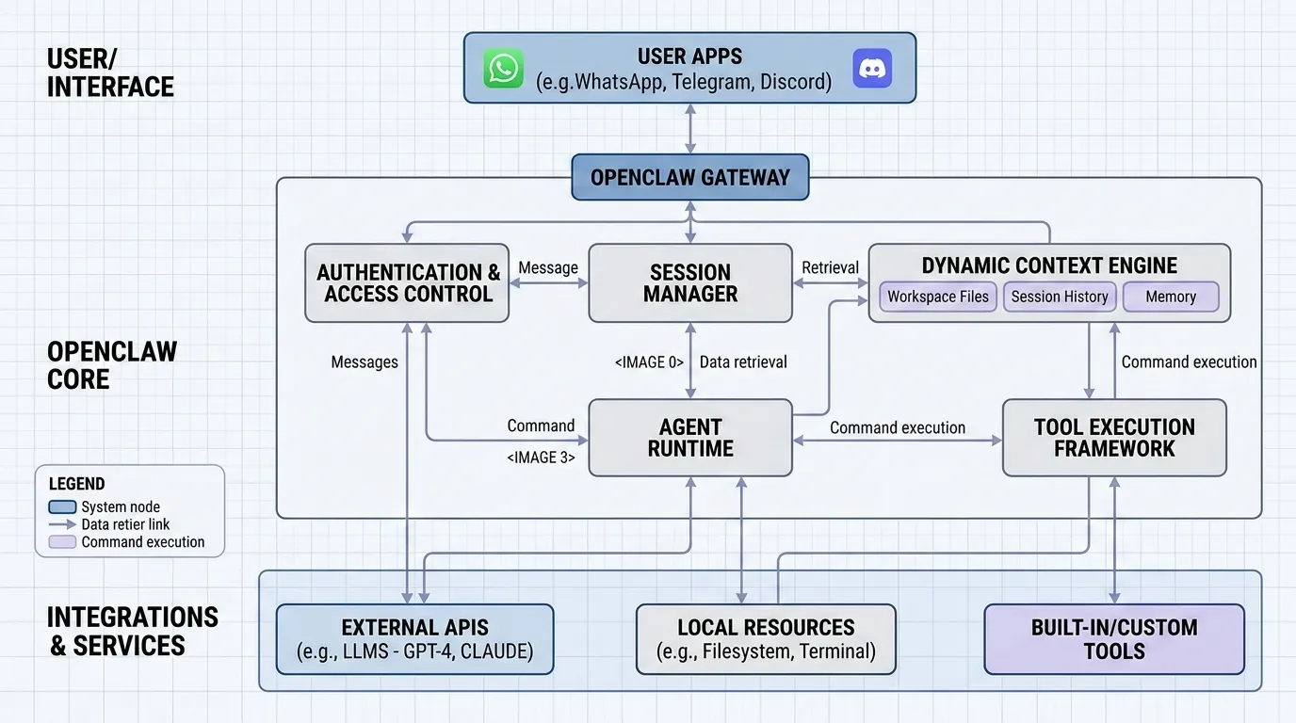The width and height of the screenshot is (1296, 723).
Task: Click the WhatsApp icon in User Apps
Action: [504, 69]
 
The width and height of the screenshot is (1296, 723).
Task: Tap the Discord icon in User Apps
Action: [872, 69]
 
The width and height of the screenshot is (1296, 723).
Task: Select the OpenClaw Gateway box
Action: [690, 177]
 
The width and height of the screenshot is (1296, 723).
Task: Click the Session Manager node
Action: [690, 283]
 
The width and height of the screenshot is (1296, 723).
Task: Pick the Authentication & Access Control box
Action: [408, 283]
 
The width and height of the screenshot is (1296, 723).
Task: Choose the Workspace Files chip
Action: [938, 297]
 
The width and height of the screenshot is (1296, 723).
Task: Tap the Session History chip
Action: [1060, 297]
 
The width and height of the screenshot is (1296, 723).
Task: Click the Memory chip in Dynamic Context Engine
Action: [1171, 297]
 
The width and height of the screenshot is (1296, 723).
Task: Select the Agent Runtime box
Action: [690, 438]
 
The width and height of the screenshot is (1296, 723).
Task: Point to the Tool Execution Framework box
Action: [1114, 438]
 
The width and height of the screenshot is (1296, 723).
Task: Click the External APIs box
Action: [414, 639]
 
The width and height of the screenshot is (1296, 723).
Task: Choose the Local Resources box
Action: [766, 639]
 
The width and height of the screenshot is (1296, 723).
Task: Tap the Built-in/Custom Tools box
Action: [1114, 639]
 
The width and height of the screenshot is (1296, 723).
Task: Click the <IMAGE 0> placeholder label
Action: [649, 362]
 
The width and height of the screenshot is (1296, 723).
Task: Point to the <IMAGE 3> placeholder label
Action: [541, 458]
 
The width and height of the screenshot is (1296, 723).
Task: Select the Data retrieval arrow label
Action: [743, 362]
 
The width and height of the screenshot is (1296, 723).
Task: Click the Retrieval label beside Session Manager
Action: [830, 268]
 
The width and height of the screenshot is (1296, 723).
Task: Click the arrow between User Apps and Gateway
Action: [690, 129]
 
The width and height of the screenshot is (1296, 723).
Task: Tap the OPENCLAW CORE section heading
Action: [111, 365]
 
